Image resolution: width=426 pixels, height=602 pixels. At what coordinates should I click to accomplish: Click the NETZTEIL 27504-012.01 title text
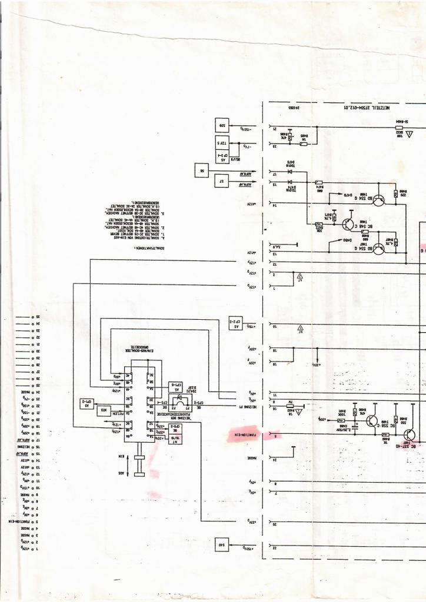pos(368,108)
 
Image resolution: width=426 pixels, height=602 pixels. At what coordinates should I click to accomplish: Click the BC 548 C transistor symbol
pos(347,223)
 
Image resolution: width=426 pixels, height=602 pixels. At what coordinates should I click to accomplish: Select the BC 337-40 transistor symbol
pos(410,435)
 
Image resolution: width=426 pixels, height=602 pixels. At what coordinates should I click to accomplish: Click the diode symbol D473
pos(289,172)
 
